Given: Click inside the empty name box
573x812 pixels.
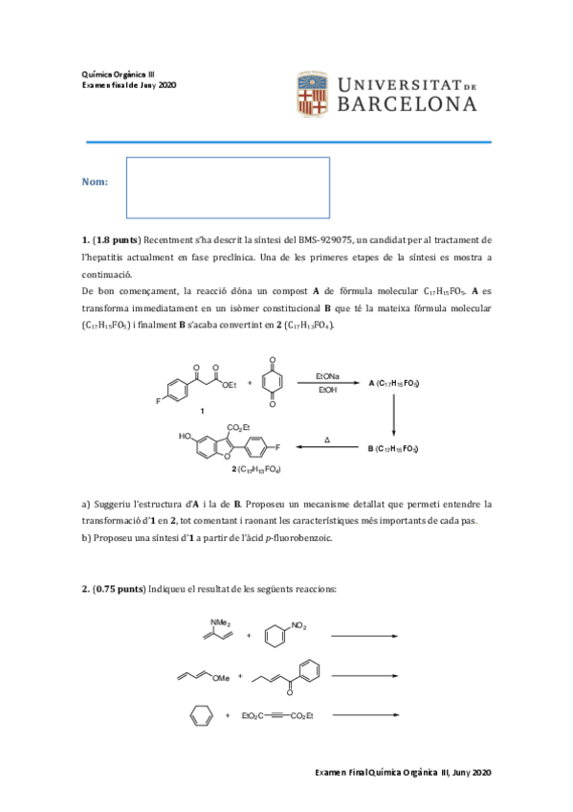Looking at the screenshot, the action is point(228,187).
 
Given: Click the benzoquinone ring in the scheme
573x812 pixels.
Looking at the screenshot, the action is point(271,383).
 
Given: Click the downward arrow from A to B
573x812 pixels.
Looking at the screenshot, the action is point(394,415).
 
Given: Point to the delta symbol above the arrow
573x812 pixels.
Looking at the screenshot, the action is point(327,440).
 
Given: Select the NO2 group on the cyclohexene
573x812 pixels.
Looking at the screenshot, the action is point(298,626).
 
